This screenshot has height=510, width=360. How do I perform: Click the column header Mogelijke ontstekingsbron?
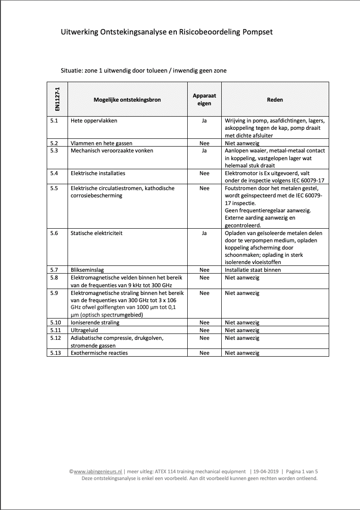point(127,100)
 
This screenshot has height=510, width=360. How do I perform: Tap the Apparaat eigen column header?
point(204,100)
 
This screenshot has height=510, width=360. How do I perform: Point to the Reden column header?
point(275,100)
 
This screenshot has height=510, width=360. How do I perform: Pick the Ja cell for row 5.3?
point(204,151)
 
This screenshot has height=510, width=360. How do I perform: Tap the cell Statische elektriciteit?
point(97,233)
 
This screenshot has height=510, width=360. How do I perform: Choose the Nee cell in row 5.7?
point(204,270)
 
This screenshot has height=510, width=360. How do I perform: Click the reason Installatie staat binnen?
point(253,270)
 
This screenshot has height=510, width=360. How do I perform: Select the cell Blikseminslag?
point(87,270)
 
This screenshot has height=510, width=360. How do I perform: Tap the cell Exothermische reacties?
point(99,353)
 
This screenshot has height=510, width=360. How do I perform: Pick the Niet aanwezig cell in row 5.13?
point(242,353)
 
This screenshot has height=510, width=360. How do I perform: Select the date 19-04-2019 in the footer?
point(267,471)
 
